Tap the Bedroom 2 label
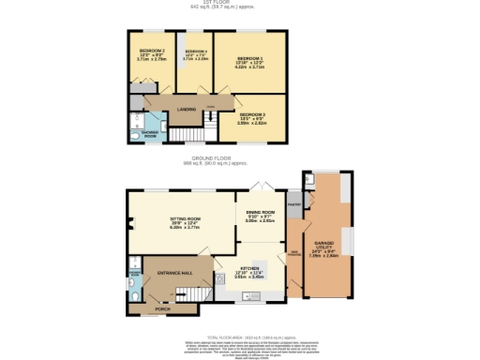(152, 51)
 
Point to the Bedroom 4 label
(196, 52)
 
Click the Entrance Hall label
(174, 272)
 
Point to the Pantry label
(293, 203)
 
